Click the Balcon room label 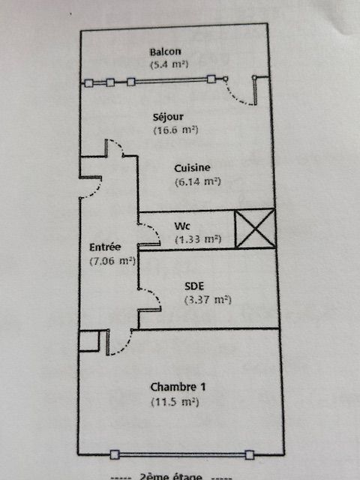pyautogui.click(x=165, y=52)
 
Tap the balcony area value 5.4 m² pyautogui.click(x=169, y=64)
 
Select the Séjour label pyautogui.click(x=168, y=117)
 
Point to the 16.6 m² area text pyautogui.click(x=175, y=130)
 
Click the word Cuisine pyautogui.click(x=192, y=168)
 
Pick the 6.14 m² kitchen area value pyautogui.click(x=198, y=181)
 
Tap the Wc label pyautogui.click(x=182, y=226)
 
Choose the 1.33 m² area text pyautogui.click(x=198, y=239)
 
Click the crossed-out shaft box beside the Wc pyautogui.click(x=255, y=229)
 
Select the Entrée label pyautogui.click(x=105, y=247)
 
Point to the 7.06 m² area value pyautogui.click(x=112, y=261)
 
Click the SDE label pyautogui.click(x=194, y=286)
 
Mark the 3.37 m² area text pyautogui.click(x=208, y=300)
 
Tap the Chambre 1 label pyautogui.click(x=178, y=387)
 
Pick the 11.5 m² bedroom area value pyautogui.click(x=175, y=402)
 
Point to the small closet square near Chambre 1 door pyautogui.click(x=89, y=341)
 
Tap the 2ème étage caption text pyautogui.click(x=171, y=476)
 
